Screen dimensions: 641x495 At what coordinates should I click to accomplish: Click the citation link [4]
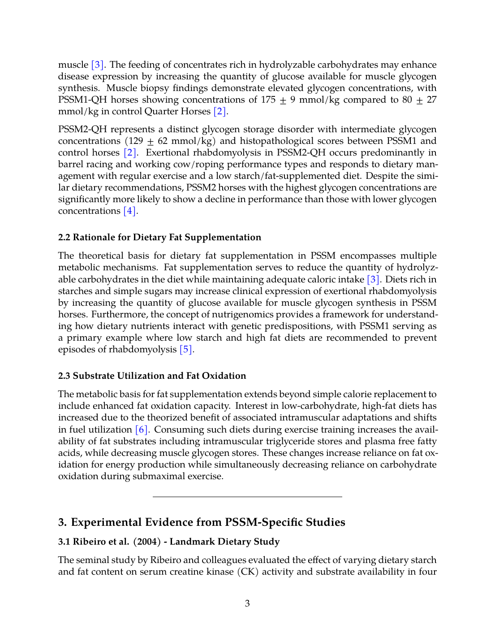(130, 211)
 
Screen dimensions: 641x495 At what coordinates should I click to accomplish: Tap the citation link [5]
(186, 350)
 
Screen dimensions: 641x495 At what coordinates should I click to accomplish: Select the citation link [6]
(142, 430)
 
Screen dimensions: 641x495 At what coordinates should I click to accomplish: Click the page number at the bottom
(247, 603)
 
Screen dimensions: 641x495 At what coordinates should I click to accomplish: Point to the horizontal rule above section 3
(247, 497)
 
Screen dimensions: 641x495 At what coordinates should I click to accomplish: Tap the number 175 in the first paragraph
(268, 100)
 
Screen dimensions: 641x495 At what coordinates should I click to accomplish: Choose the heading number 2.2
(64, 238)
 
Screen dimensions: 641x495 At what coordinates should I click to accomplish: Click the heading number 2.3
(64, 376)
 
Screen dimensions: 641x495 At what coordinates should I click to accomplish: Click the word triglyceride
(279, 442)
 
